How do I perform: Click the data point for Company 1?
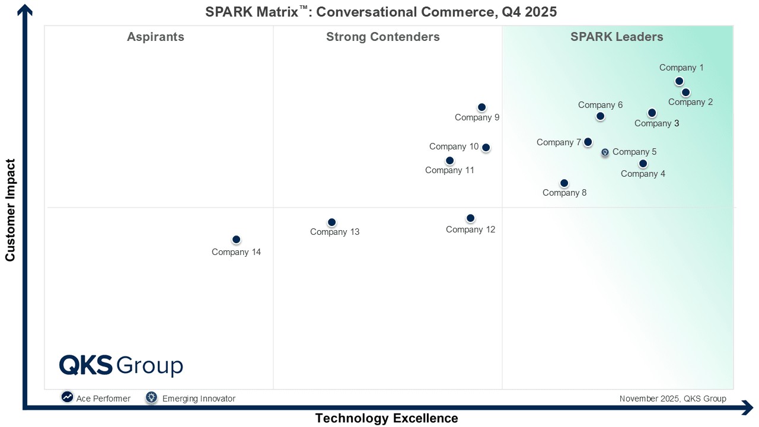pos(679,81)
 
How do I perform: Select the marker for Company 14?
pos(236,240)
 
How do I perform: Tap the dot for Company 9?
pos(481,107)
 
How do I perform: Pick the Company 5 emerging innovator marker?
pos(605,152)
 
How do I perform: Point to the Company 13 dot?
pos(331,222)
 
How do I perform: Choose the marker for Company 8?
pos(564,183)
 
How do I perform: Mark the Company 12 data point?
pos(470,218)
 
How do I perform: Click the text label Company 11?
pos(449,171)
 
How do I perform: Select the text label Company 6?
pos(600,105)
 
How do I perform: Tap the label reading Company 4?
pos(643,174)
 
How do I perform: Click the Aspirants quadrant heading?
pos(155,37)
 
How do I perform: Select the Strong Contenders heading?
pos(382,37)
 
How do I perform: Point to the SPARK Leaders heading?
pos(617,37)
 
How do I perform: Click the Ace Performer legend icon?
pos(68,397)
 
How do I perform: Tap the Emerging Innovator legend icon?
pos(152,397)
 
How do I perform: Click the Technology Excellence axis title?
pos(386,418)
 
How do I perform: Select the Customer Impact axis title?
pos(10,209)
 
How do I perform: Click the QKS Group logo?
pos(121,365)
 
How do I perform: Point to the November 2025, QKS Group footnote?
pos(672,399)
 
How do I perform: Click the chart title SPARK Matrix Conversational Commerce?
pos(381,12)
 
